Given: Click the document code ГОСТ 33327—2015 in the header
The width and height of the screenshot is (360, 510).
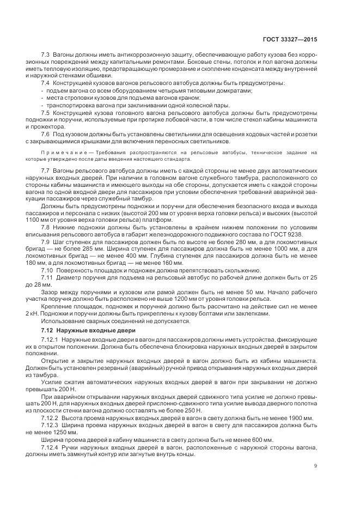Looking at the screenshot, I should pyautogui.click(x=293, y=40).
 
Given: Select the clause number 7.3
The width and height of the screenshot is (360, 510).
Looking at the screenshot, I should pyautogui.click(x=45, y=56).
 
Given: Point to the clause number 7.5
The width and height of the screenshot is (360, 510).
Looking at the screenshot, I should pyautogui.click(x=45, y=111).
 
